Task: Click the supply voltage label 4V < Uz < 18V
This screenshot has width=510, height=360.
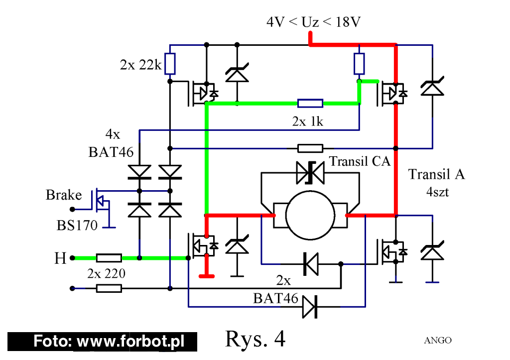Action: tap(313, 22)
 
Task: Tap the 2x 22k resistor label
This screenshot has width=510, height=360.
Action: tap(140, 65)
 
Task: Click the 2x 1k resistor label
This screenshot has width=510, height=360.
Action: tap(307, 121)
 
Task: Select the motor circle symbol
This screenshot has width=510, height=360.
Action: tap(310, 215)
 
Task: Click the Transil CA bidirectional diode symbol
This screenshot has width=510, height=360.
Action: tap(310, 173)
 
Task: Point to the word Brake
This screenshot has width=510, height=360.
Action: tap(64, 195)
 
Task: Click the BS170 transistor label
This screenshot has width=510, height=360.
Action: tap(77, 225)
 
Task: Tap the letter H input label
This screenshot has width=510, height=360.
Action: tap(60, 258)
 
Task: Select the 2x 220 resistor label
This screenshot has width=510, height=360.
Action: tap(107, 273)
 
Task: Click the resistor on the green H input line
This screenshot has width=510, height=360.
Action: tap(109, 258)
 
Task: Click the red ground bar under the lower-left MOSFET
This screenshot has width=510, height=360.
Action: tap(207, 276)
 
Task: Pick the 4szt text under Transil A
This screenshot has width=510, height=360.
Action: tap(437, 192)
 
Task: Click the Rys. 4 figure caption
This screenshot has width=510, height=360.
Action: tap(255, 339)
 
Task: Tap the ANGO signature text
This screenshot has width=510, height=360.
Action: tap(438, 340)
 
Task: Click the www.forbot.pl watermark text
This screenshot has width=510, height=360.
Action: tap(130, 342)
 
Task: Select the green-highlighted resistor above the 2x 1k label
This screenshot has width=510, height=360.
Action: tap(310, 104)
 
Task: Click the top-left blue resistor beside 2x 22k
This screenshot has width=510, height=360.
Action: tap(170, 64)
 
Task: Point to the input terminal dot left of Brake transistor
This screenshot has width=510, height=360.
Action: tap(72, 209)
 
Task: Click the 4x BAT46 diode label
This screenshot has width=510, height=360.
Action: tap(111, 143)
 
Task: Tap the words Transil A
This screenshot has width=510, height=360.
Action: tap(436, 174)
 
